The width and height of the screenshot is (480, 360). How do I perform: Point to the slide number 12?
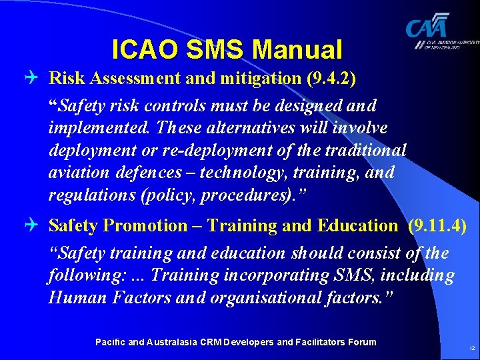[472, 349]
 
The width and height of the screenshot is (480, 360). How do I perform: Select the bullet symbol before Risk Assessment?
[36, 79]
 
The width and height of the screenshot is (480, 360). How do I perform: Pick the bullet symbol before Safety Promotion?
[36, 226]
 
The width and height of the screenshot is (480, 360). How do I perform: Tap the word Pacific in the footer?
[109, 342]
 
